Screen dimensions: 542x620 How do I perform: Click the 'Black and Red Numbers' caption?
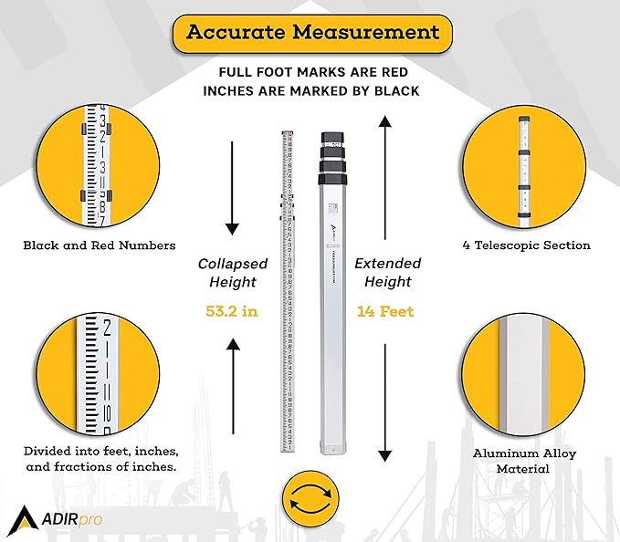[x=100, y=245]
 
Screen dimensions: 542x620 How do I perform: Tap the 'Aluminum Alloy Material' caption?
[x=524, y=461]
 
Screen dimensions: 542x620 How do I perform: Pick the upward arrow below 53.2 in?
[x=233, y=383]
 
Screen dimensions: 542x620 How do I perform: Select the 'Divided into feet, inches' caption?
[x=100, y=460]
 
